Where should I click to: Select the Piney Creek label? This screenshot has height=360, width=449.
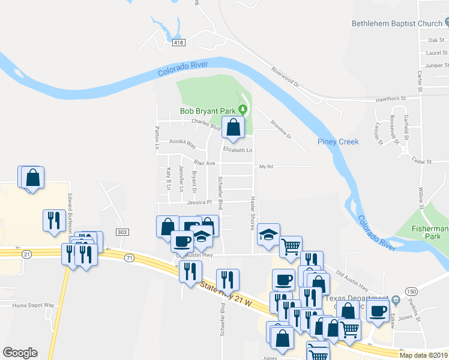pos(338,142)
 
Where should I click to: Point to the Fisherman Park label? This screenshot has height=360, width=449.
pos(430,233)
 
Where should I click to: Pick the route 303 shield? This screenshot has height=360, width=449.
pos(122,232)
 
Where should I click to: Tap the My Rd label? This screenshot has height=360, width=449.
pos(266,166)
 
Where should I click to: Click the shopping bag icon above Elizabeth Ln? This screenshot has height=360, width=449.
pos(233,127)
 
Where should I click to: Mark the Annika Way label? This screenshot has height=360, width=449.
pos(182,143)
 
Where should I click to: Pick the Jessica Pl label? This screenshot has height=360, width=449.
pos(200,202)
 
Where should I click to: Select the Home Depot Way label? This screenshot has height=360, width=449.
pos(33,305)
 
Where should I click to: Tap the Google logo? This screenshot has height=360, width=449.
pos(20,353)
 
